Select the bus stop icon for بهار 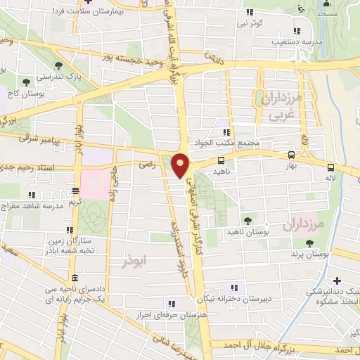(x=291, y=155)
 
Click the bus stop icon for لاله (x=330, y=167)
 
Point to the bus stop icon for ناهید (x=221, y=160)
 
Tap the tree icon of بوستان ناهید (x=246, y=221)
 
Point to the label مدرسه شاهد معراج (x=44, y=205)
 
